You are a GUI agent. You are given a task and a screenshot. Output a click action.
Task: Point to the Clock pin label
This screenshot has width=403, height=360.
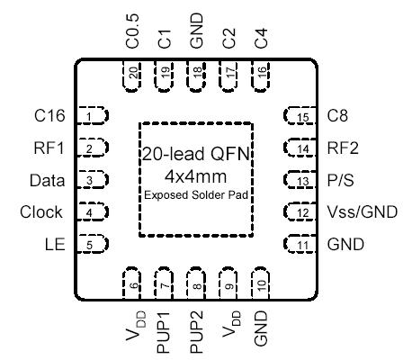tap(41, 212)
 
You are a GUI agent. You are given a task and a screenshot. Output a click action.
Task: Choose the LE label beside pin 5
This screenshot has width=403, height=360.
tap(52, 244)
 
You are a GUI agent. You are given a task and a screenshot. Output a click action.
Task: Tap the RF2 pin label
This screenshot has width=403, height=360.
tap(344, 148)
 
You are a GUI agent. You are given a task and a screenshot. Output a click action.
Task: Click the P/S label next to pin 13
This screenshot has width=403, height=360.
tap(341, 180)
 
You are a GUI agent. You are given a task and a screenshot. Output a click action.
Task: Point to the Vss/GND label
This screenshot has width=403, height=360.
tap(358, 212)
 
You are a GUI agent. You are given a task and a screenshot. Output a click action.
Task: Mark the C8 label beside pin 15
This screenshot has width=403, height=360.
tap(337, 115)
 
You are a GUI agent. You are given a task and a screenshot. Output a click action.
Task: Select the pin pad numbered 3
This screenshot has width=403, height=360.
tap(94, 180)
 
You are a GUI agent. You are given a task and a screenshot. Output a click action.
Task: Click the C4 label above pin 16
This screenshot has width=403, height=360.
tap(261, 39)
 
